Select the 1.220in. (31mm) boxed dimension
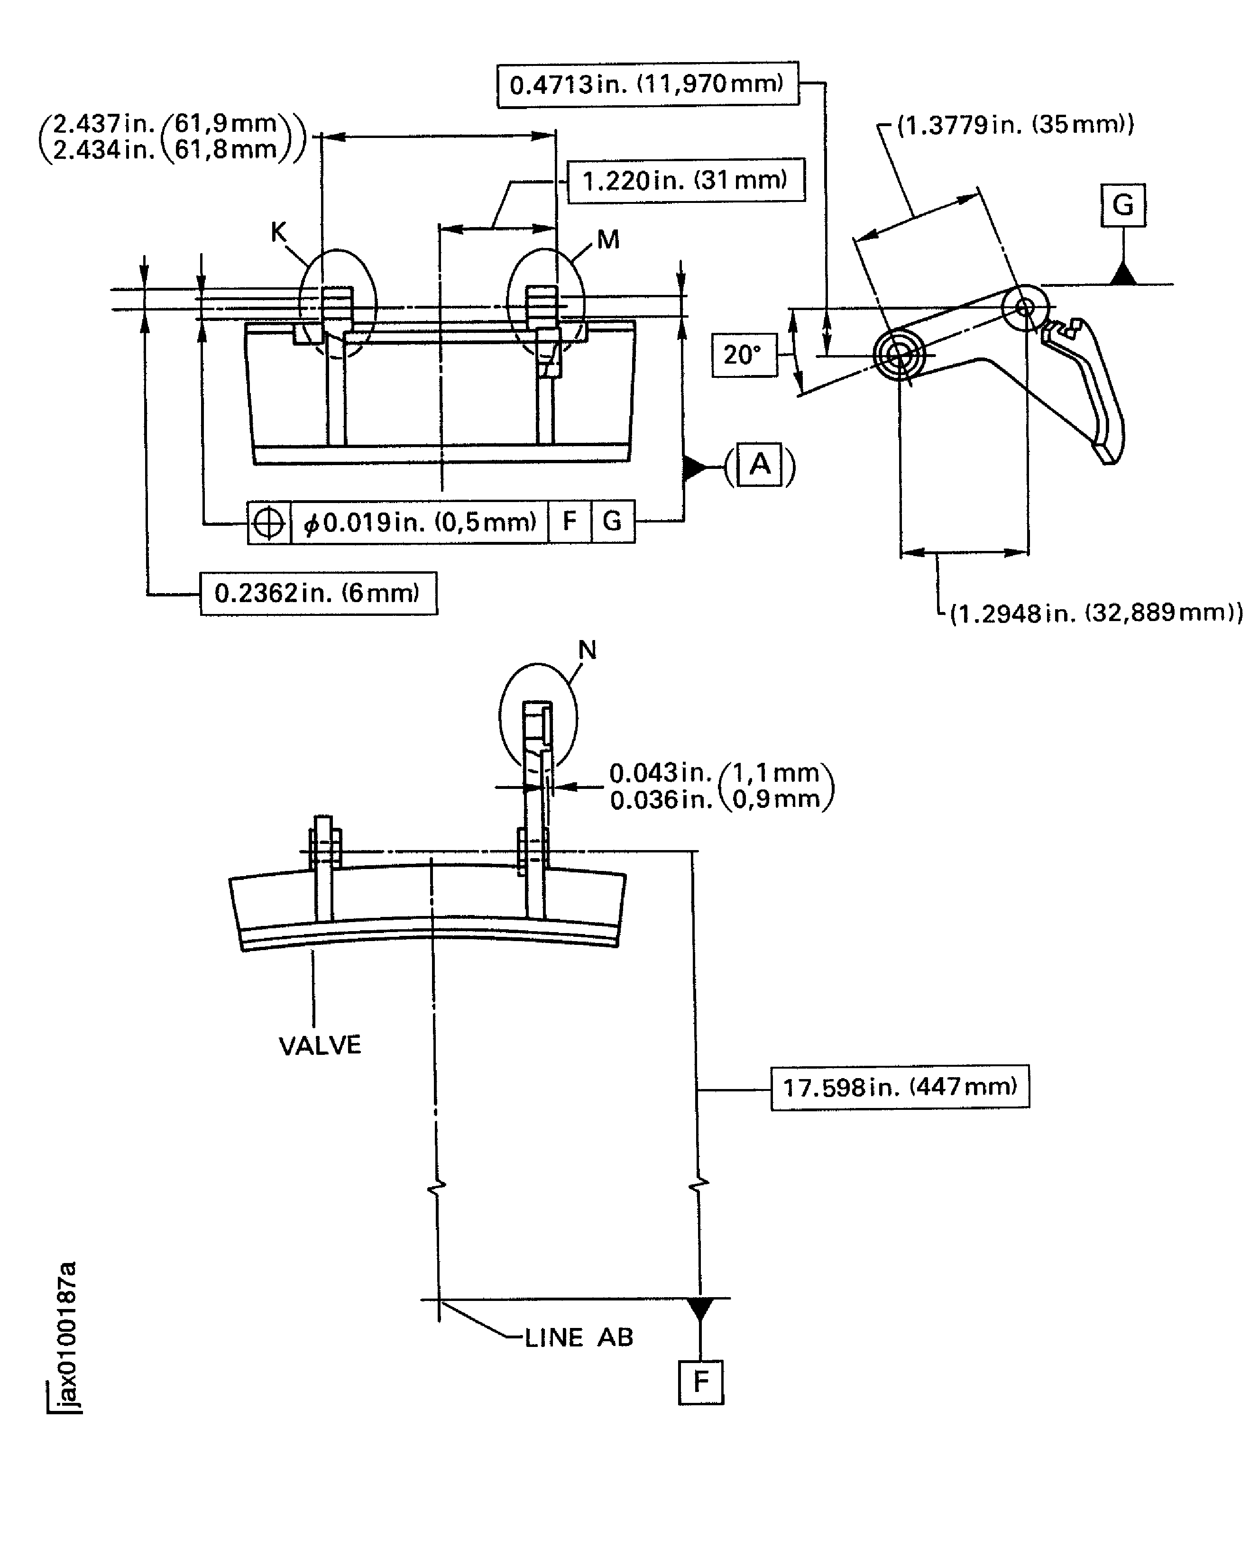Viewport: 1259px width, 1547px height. click(x=685, y=180)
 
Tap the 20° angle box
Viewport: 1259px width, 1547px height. click(x=744, y=355)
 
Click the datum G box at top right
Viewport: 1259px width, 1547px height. click(x=1122, y=205)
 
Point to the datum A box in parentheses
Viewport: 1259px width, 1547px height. click(x=759, y=464)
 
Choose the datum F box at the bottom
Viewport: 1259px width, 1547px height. click(x=700, y=1381)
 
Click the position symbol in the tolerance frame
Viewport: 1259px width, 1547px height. click(x=268, y=522)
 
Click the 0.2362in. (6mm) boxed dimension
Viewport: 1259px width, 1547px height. click(x=318, y=593)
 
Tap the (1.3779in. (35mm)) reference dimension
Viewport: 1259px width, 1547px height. click(x=1015, y=125)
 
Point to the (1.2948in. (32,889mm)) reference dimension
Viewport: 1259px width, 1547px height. click(x=1096, y=613)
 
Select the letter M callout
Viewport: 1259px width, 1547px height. click(x=608, y=239)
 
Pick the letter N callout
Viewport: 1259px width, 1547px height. click(x=587, y=650)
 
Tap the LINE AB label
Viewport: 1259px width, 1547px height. click(x=578, y=1337)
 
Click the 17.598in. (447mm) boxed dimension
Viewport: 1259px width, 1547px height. click(x=899, y=1087)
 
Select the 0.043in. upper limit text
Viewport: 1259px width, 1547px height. click(x=660, y=773)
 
